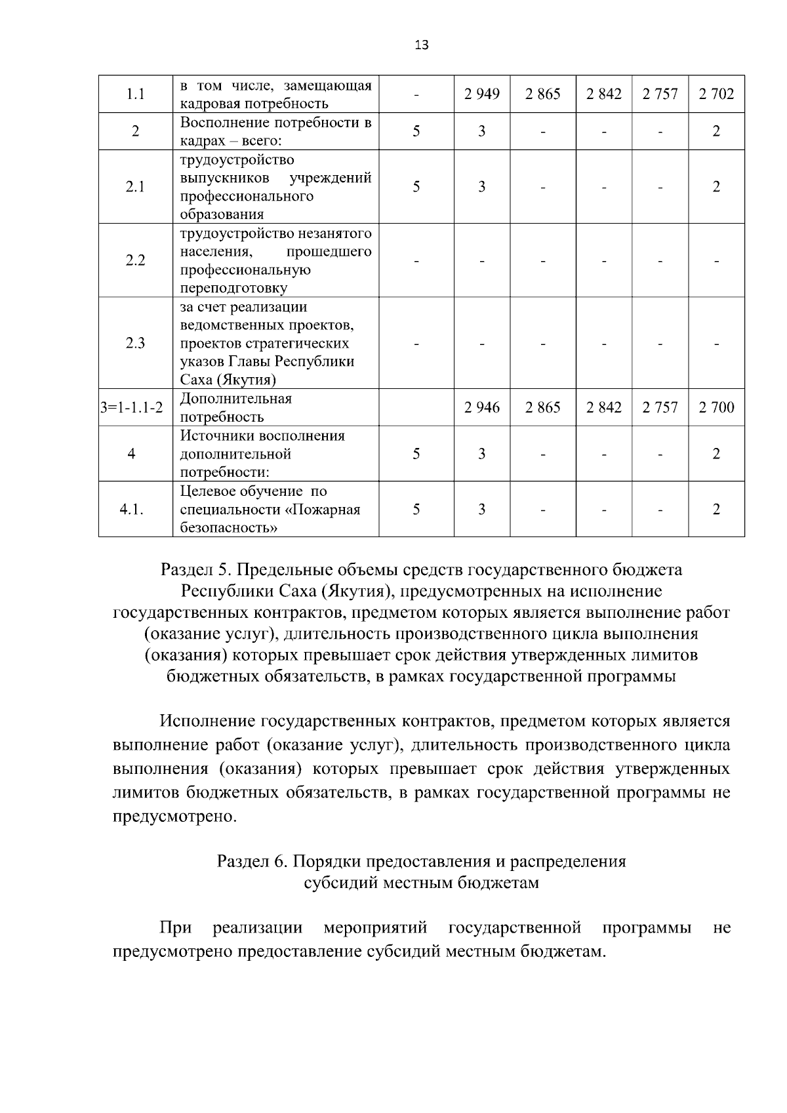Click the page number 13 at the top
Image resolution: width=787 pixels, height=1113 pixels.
point(422,45)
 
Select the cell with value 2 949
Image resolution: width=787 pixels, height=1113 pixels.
point(481,94)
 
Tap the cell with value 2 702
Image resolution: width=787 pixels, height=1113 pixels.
point(716,94)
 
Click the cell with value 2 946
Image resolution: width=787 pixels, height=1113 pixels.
point(481,408)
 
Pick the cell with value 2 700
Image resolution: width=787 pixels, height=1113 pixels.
point(716,408)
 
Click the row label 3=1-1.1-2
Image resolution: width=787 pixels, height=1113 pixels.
point(132,408)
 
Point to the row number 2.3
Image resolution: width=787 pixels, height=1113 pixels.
point(135,344)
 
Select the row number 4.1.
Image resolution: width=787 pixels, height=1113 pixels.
point(132,510)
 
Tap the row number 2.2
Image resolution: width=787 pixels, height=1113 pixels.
point(135,260)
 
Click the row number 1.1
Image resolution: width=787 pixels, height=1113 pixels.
point(135,94)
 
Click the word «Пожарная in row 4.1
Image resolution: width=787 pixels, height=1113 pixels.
point(325,510)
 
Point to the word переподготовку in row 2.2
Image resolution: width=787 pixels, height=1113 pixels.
point(233,288)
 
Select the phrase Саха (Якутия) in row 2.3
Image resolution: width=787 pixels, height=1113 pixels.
point(228,380)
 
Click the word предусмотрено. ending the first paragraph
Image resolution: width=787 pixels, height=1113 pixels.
point(174,817)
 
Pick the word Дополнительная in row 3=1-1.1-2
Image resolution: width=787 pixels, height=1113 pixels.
point(235,399)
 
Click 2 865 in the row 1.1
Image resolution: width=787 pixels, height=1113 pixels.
point(542,94)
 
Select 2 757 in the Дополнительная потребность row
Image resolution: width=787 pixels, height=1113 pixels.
point(660,408)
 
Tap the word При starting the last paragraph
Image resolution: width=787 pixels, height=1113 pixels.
point(176,928)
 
